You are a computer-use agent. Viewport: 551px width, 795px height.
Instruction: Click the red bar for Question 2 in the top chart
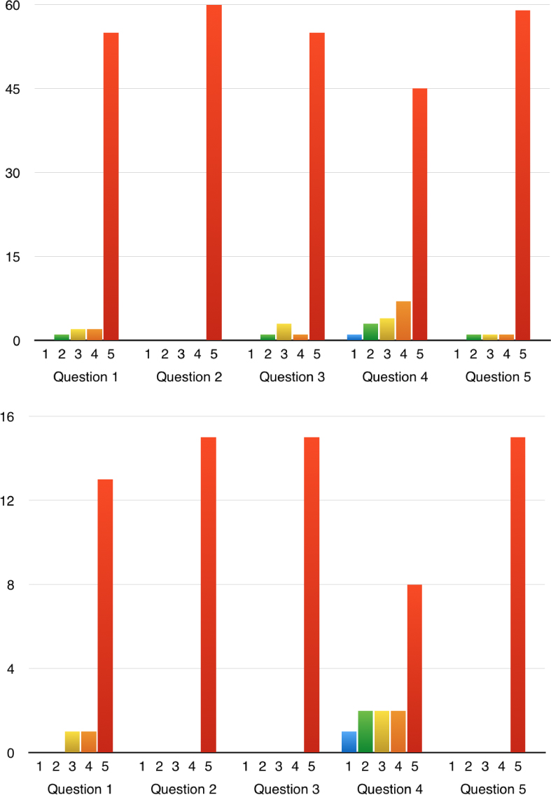(214, 173)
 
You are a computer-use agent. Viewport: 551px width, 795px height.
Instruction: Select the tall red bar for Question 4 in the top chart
(419, 214)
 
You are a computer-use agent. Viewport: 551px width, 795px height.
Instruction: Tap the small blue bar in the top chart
(354, 337)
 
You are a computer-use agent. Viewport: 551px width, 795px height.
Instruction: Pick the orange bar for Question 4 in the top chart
(403, 321)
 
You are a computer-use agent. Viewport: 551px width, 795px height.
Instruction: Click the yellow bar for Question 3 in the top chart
(284, 332)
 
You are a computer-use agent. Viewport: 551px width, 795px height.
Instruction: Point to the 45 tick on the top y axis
(13, 89)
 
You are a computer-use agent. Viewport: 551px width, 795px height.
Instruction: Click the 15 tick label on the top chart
(13, 257)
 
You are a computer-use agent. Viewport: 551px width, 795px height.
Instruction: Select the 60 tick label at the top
(13, 6)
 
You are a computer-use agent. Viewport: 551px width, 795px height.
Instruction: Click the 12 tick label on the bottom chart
(13, 501)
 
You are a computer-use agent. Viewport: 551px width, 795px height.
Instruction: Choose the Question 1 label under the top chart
(85, 377)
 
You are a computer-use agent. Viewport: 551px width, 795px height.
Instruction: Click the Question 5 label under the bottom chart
(493, 789)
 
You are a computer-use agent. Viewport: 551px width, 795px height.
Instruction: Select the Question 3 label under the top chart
(292, 377)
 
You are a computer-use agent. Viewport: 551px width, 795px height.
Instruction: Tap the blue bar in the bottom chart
(349, 742)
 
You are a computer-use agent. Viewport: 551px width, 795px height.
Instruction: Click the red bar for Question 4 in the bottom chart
(414, 669)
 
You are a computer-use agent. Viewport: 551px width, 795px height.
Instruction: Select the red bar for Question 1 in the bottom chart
(105, 617)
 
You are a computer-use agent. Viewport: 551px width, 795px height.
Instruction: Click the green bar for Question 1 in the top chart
(62, 337)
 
